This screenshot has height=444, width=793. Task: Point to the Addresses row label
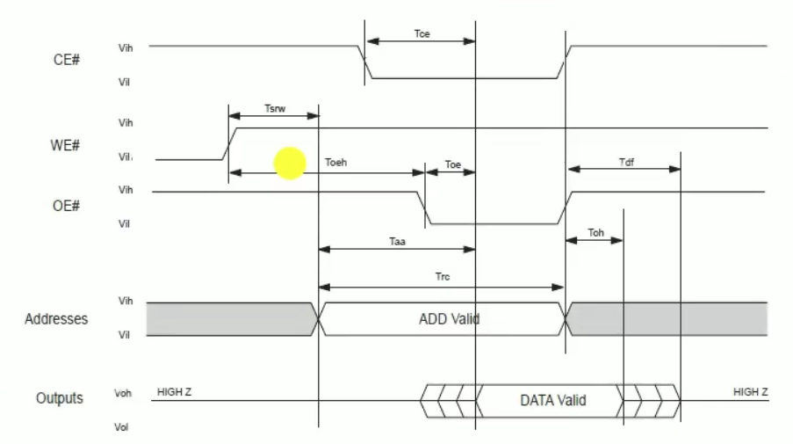(56, 318)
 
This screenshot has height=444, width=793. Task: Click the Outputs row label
(59, 398)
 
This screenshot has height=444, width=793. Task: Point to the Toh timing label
(595, 233)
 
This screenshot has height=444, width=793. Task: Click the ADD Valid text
(449, 318)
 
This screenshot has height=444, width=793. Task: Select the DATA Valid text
(552, 400)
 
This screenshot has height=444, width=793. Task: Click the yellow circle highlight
(290, 164)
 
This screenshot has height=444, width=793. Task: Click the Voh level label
(123, 394)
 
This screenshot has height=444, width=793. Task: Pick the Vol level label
(123, 427)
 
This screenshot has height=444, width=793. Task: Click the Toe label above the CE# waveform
(422, 34)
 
